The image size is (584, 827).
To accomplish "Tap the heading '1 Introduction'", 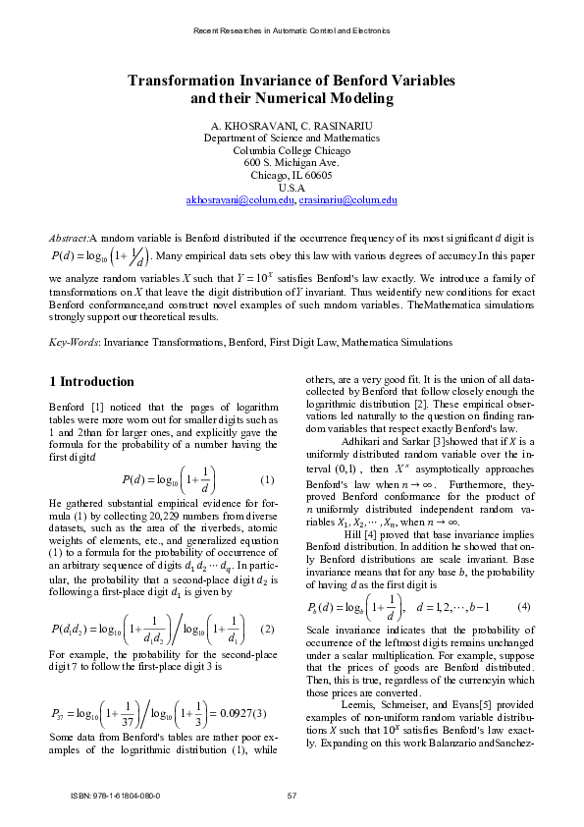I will point(91,381).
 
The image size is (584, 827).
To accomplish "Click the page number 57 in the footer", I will point(292,795).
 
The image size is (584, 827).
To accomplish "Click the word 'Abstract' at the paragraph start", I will point(69,239).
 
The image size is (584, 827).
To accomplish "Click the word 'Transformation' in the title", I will point(181,80).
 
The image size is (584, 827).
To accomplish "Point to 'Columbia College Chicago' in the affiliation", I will point(292,150).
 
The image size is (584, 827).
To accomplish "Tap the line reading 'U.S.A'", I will point(292,188).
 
